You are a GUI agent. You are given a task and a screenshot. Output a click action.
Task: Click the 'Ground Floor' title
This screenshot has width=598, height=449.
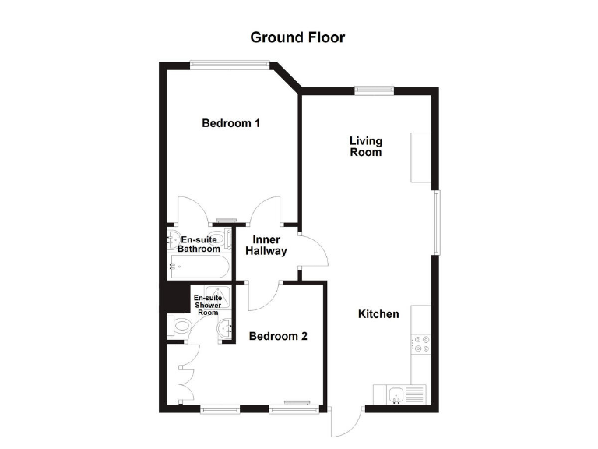tap(297, 37)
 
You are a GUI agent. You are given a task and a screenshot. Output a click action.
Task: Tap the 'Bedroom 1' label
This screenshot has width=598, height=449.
tap(230, 123)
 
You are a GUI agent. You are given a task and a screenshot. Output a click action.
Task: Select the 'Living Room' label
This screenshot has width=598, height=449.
tap(365, 147)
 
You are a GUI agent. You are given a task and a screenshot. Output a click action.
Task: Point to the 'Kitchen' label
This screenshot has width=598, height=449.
tap(378, 314)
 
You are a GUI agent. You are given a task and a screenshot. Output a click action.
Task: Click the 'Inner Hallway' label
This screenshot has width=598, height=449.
tap(266, 246)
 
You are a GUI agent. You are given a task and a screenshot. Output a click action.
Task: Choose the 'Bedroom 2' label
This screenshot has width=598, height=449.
tap(278, 337)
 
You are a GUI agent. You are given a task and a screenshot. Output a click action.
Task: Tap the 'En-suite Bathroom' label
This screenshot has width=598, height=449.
tap(199, 244)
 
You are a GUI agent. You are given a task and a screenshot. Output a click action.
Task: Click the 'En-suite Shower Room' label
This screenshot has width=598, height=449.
tap(206, 306)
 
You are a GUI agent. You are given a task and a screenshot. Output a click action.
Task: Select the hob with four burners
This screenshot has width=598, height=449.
tap(421, 344)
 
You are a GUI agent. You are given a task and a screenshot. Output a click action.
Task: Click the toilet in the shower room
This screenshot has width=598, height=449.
tap(181, 326)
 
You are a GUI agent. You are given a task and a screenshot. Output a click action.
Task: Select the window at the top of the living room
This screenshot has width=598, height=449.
tap(375, 90)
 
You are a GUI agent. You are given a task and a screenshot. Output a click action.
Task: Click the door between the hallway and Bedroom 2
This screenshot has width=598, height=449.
tap(262, 297)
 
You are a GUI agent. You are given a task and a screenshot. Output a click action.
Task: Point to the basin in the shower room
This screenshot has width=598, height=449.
tap(227, 330)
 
